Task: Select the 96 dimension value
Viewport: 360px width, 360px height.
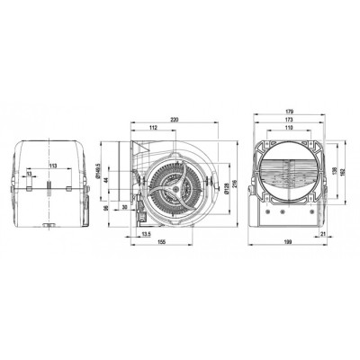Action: click(105, 208)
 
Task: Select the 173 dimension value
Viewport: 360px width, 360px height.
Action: click(289, 121)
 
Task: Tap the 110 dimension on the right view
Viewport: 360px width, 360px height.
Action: click(289, 129)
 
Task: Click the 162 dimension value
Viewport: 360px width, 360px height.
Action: click(344, 176)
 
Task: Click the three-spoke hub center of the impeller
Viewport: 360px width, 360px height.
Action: click(172, 186)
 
